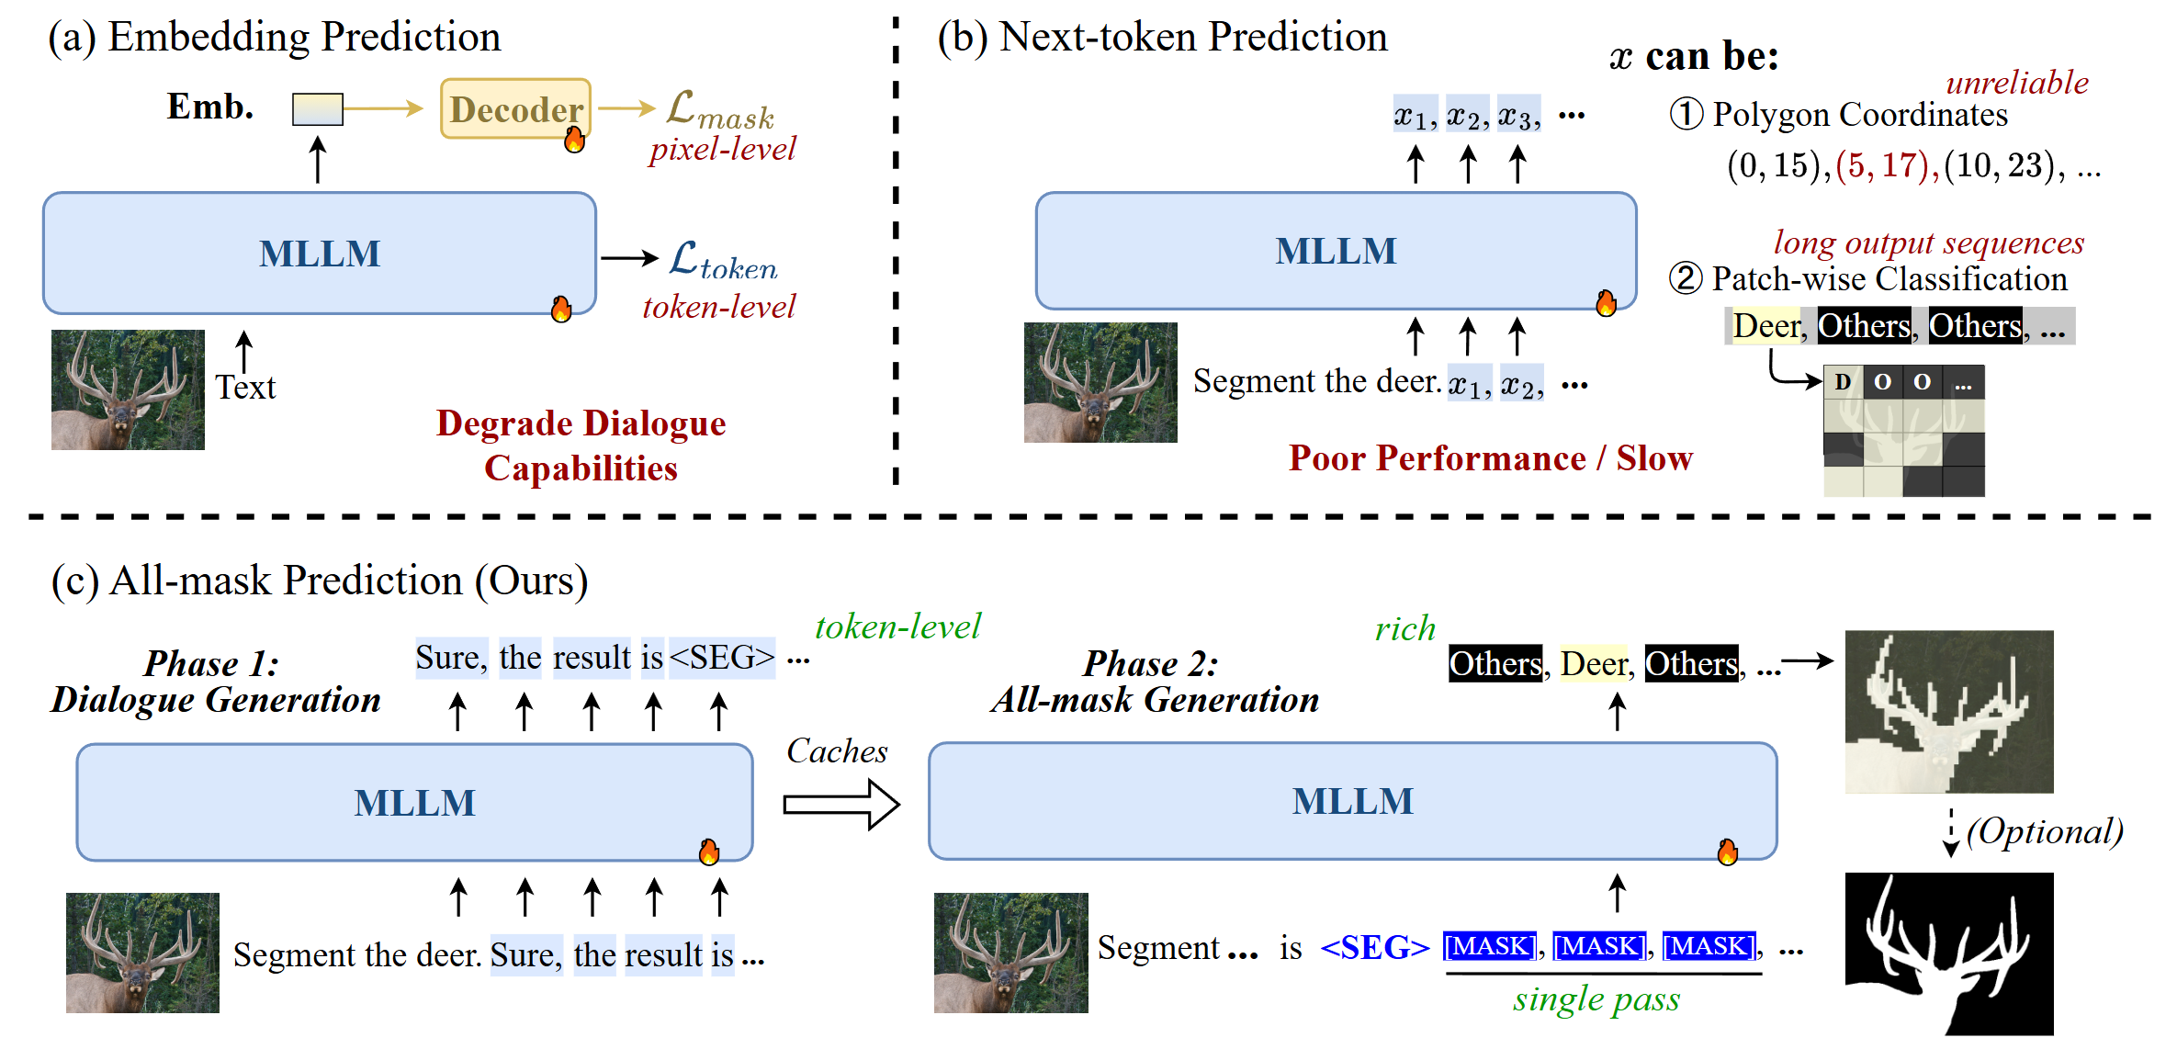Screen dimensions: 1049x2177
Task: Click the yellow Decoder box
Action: (515, 109)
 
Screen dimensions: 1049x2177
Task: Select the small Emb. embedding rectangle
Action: (317, 109)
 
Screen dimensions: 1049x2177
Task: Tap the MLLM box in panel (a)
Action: (319, 254)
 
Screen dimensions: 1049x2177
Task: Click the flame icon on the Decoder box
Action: (575, 140)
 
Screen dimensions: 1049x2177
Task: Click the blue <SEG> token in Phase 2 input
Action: (1374, 947)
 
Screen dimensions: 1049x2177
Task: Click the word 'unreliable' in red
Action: (2016, 83)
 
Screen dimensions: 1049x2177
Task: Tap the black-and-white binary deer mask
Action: (1948, 953)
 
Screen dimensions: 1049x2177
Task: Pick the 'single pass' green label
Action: (1596, 999)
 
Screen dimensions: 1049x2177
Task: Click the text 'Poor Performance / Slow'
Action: (1490, 458)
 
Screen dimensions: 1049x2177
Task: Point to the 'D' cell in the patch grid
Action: (1843, 382)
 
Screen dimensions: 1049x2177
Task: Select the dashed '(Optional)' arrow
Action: (1950, 832)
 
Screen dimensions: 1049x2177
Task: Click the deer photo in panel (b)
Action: (1100, 382)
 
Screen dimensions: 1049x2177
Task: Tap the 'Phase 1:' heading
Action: (211, 663)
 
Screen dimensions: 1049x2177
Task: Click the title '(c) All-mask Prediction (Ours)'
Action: (320, 581)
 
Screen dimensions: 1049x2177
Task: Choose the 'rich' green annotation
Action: (1404, 628)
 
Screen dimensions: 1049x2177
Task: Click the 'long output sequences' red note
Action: (1928, 243)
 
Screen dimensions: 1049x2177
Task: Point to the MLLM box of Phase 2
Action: (1352, 801)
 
